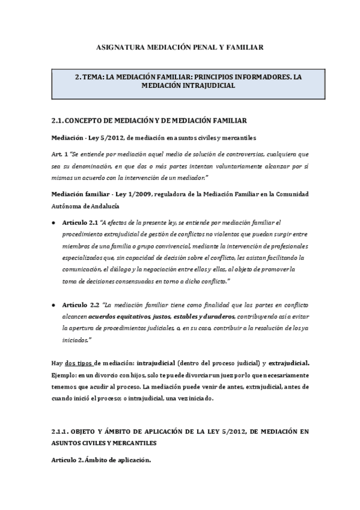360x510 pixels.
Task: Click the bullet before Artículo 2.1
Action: pos(55,223)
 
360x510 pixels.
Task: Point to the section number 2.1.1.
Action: pos(61,432)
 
